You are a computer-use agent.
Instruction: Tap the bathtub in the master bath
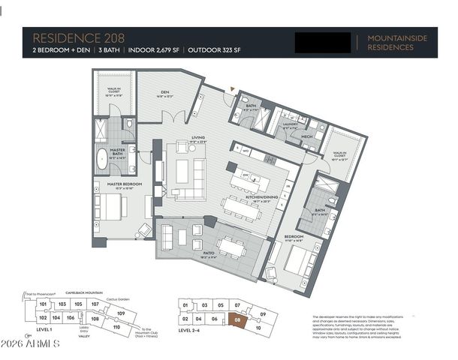click(x=102, y=158)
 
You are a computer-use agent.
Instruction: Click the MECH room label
click(x=306, y=137)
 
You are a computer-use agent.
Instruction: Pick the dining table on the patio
click(x=231, y=246)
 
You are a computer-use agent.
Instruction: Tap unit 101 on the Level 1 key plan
click(x=43, y=304)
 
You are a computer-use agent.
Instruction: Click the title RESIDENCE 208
click(x=76, y=37)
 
